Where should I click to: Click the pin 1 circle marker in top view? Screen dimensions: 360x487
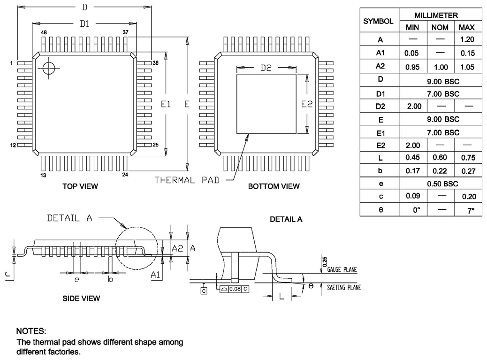tap(48, 68)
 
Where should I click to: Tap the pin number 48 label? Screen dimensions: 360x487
tap(44, 32)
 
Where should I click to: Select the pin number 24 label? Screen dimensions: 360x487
tap(125, 175)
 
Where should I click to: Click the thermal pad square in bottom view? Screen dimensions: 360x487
tap(266, 103)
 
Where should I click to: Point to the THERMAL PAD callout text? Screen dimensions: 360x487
tap(187, 180)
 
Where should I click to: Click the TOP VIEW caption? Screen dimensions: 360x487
tap(80, 186)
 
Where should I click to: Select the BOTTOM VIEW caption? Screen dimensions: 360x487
tap(274, 186)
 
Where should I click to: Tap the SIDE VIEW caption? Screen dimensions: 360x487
tap(81, 298)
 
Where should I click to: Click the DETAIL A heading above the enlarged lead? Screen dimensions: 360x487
tap(286, 219)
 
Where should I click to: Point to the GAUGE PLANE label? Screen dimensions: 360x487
tap(342, 270)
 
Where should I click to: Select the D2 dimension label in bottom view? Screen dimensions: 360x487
tap(266, 68)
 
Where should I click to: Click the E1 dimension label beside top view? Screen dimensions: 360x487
tap(166, 104)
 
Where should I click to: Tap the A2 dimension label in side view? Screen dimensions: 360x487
tap(177, 248)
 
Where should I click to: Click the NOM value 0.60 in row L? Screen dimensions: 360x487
tap(440, 158)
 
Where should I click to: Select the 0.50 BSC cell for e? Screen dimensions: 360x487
tap(440, 184)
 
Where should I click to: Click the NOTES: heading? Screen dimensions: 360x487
tap(31, 331)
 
